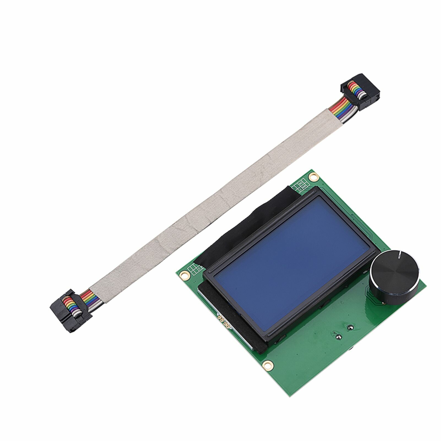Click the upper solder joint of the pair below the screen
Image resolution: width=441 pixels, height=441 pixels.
click(350, 328)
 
